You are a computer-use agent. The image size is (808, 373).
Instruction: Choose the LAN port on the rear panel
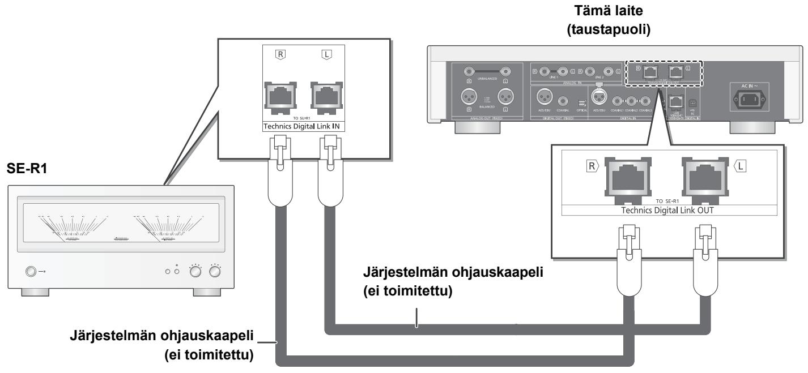(x=674, y=101)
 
